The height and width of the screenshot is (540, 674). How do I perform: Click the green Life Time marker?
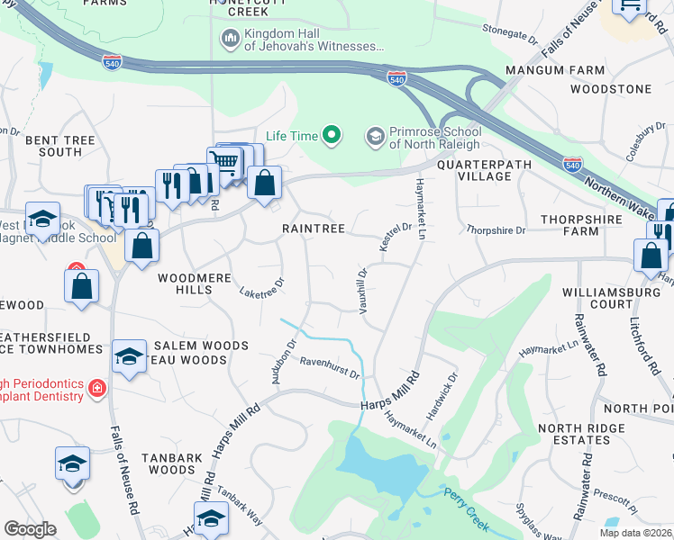coord(332,136)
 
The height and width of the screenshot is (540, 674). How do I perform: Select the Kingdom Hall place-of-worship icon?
coord(229,39)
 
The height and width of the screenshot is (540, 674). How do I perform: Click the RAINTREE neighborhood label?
coord(314,229)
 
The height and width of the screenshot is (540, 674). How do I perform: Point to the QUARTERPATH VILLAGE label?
coord(473,170)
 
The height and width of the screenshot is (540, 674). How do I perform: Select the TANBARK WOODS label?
coord(176,463)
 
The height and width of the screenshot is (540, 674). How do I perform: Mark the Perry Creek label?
coord(465,508)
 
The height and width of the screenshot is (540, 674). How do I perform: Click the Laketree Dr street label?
coord(262,287)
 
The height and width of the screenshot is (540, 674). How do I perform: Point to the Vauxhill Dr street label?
coord(363,284)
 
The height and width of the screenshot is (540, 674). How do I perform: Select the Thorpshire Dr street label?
coord(496,230)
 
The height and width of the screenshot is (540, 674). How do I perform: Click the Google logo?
coord(30,528)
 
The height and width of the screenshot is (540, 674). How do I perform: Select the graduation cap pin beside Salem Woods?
coord(129,355)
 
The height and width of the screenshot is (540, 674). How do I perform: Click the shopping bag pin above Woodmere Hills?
coord(142,245)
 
